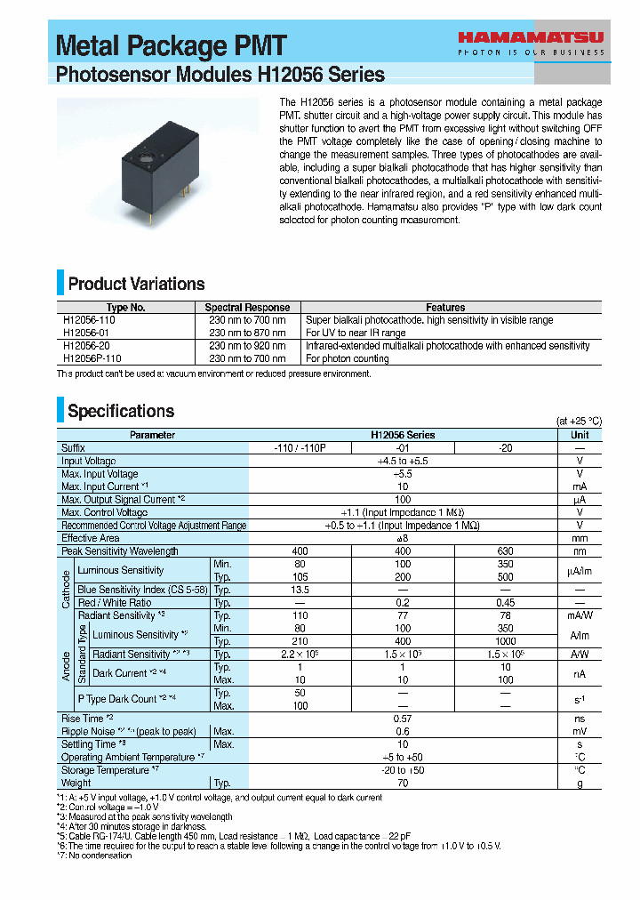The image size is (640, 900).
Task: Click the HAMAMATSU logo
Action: [531, 38]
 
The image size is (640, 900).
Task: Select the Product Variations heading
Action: [136, 285]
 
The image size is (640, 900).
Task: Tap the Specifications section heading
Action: [121, 411]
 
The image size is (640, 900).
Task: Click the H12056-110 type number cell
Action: [89, 320]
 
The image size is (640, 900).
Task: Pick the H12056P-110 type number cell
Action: [92, 358]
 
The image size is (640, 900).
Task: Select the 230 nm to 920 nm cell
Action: [247, 346]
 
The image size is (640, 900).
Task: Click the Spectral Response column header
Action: [247, 308]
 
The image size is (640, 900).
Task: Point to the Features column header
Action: [445, 308]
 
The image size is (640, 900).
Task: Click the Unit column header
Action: [580, 435]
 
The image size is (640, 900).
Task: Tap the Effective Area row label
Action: [90, 538]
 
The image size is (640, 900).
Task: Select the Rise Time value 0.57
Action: [403, 719]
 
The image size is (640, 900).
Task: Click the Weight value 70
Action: [403, 783]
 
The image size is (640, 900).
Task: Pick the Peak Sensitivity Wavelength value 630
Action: [505, 551]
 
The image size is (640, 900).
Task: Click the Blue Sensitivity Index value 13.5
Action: [300, 590]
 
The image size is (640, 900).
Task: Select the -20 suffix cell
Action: [505, 448]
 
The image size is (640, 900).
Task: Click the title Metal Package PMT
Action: [172, 46]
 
